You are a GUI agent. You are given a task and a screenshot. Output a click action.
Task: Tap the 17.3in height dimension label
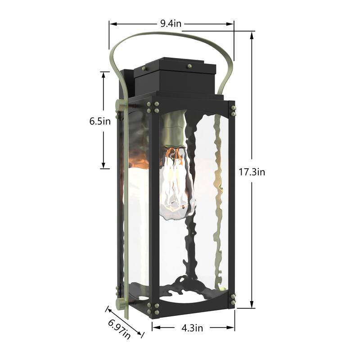pos(252,171)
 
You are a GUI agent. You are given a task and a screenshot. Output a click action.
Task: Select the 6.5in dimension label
pos(100,121)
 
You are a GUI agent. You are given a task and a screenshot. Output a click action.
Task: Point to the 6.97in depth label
pos(119,329)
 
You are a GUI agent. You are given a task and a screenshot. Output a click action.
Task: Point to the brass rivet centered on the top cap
pos(189,66)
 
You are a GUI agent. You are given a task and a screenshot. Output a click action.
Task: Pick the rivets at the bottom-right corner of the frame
pos(232,298)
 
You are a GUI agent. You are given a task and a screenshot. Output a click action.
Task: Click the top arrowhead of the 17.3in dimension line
pos(251,34)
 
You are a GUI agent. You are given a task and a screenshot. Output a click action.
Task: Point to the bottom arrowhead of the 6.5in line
pos(104,166)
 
